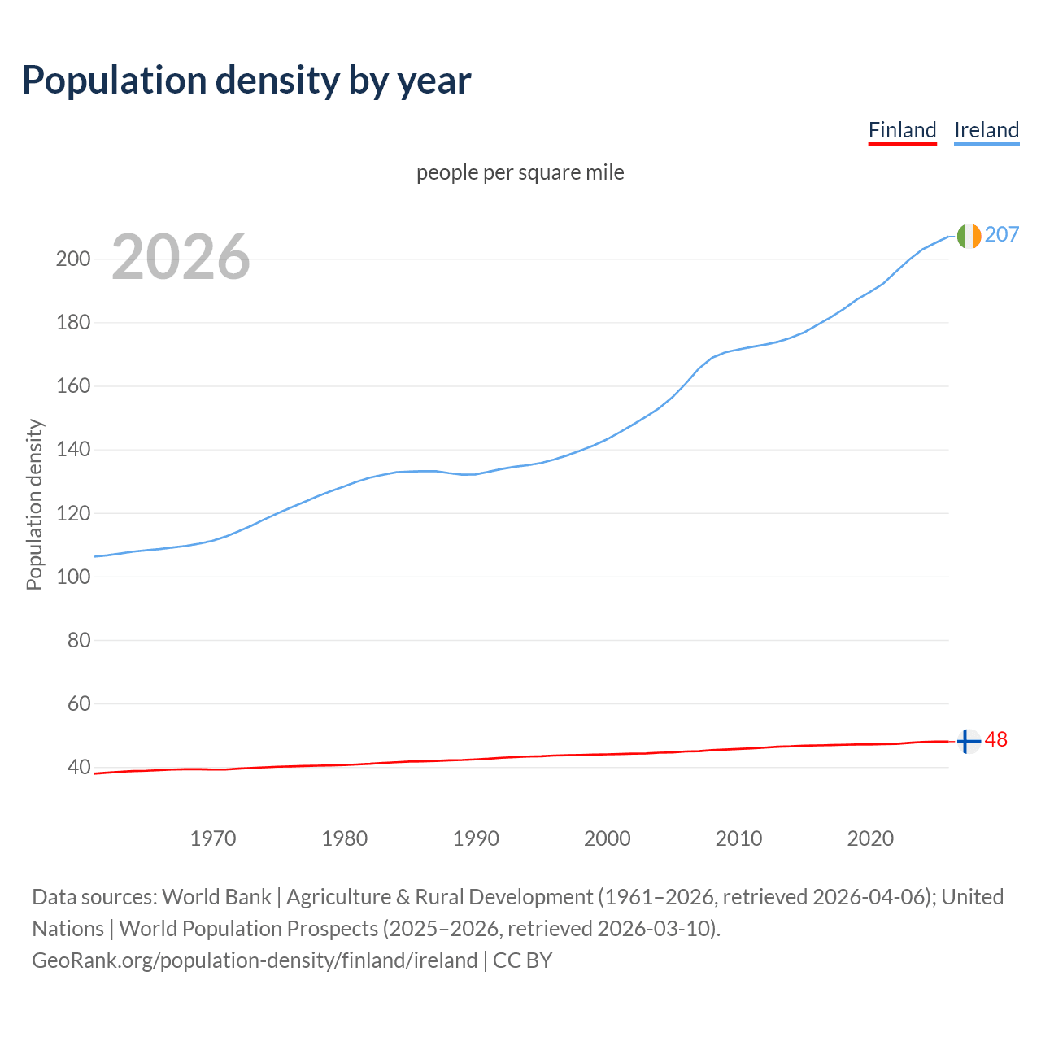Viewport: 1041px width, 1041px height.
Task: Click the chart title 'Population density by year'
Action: (x=246, y=81)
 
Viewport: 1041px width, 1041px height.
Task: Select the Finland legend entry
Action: (x=902, y=130)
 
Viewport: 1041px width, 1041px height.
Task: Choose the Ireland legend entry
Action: (x=987, y=130)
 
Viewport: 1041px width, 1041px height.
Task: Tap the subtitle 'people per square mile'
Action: (x=520, y=172)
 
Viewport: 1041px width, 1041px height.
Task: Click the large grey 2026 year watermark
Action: (x=181, y=257)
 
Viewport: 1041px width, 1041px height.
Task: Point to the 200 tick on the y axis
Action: (x=72, y=259)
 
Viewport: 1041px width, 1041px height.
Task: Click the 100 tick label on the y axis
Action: (x=72, y=577)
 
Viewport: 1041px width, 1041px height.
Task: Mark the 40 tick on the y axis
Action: (x=78, y=767)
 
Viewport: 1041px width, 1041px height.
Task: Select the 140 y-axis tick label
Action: (x=72, y=450)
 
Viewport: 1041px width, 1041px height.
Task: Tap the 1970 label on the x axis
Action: (x=213, y=838)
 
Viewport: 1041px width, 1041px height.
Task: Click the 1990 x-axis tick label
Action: (x=476, y=838)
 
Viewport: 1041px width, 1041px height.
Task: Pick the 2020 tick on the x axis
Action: (x=870, y=838)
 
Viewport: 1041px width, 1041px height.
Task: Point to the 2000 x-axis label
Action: (x=608, y=838)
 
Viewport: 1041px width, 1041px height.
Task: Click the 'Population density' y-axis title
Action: (x=34, y=504)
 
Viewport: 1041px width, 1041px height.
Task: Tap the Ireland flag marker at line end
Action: (x=969, y=236)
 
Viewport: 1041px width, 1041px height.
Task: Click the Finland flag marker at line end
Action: (x=969, y=742)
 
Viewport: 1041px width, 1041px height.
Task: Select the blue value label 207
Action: (x=1002, y=234)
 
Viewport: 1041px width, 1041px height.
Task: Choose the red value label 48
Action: (x=996, y=739)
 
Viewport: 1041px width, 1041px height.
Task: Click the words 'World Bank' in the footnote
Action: (x=216, y=896)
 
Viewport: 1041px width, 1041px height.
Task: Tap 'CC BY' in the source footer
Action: (x=522, y=960)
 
